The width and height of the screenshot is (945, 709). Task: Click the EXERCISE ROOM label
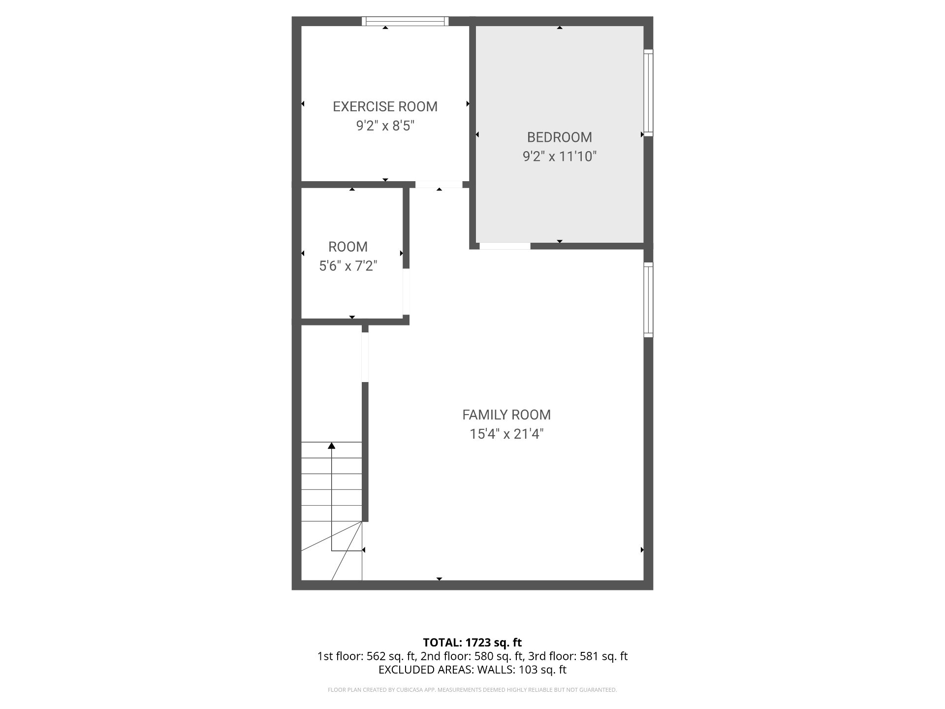(x=385, y=106)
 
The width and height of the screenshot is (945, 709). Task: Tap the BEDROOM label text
(x=559, y=137)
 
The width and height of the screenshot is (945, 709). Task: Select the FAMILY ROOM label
(x=506, y=415)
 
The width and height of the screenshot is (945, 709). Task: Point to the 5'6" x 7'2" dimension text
(x=348, y=266)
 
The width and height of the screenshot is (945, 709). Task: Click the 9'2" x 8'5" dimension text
(x=385, y=126)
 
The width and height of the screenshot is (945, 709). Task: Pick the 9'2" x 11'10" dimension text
(x=559, y=157)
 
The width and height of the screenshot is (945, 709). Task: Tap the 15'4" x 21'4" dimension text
(x=506, y=434)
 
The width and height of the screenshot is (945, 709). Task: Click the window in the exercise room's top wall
(x=405, y=21)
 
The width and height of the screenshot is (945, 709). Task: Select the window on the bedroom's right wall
(x=649, y=93)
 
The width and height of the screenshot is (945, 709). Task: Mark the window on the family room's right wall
(x=649, y=299)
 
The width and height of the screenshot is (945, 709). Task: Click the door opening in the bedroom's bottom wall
(x=505, y=246)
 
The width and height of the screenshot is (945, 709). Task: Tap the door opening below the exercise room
(x=439, y=185)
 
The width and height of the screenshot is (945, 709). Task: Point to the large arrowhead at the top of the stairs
(x=332, y=446)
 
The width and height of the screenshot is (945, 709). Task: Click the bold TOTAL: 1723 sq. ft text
(x=472, y=642)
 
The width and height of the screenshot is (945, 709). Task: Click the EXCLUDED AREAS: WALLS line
(x=472, y=670)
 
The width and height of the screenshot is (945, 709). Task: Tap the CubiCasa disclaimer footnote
(x=472, y=690)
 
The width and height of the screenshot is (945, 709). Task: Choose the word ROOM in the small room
(x=348, y=247)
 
